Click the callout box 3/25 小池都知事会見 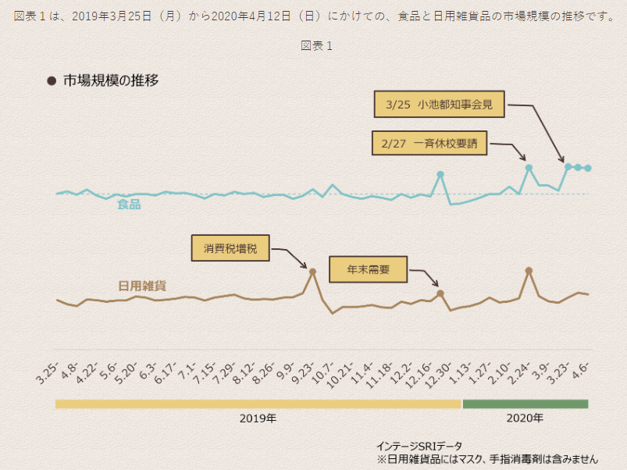[439, 104]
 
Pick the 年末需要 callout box [369, 269]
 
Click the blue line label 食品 [129, 205]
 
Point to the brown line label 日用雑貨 [141, 286]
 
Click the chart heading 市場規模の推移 [111, 80]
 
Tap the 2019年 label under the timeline [258, 418]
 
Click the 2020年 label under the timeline [525, 418]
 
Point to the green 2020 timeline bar [525, 404]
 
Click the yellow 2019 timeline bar [258, 404]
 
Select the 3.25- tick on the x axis [46, 375]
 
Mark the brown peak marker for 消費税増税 [312, 272]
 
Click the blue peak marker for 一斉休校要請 [529, 167]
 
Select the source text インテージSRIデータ [419, 446]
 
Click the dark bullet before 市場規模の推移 [52, 80]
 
